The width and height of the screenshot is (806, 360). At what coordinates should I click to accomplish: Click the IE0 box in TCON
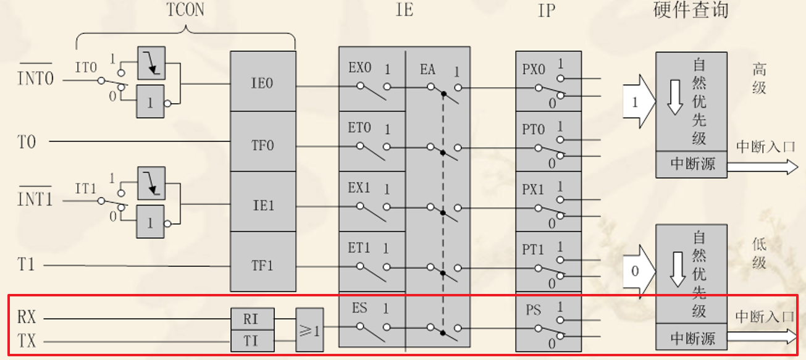[262, 82]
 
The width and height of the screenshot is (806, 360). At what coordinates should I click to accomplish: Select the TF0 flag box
[262, 146]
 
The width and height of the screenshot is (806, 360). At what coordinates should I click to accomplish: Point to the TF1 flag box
[262, 266]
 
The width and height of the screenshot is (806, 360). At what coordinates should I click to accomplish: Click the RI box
[250, 319]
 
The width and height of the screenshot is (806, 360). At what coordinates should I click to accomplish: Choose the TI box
[250, 341]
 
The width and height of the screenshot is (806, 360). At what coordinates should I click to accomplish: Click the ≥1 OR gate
[309, 330]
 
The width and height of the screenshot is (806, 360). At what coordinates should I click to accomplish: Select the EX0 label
[359, 68]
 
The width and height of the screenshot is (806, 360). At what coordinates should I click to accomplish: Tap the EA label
[428, 69]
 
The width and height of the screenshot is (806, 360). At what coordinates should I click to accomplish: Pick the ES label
[360, 308]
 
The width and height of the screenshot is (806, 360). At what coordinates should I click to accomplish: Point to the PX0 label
[534, 68]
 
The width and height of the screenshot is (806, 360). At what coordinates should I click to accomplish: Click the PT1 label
[533, 249]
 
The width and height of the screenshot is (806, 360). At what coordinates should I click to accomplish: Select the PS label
[532, 309]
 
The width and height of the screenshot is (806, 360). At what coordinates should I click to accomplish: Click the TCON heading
[185, 10]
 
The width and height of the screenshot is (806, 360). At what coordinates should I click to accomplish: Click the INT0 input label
[35, 78]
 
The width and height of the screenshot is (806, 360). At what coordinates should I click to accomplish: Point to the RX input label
[27, 318]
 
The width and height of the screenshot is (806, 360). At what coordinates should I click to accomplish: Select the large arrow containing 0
[637, 270]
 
